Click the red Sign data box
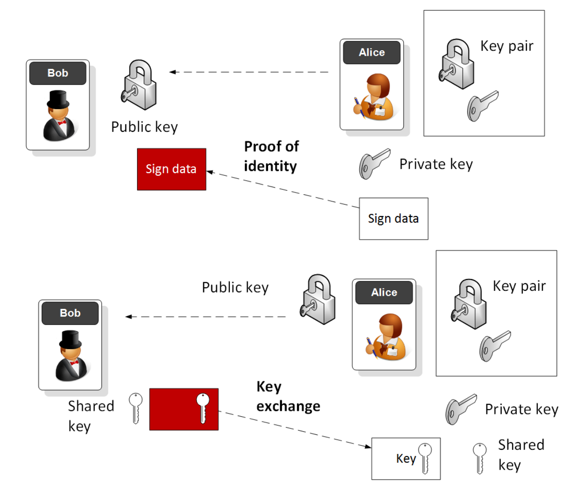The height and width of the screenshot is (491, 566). [x=171, y=169]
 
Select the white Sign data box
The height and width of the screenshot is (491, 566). [x=393, y=218]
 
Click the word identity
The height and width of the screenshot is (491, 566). [x=270, y=166]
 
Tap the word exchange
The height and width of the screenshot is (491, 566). [x=288, y=406]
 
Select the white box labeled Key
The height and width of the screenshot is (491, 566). [x=405, y=458]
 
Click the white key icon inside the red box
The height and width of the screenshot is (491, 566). [x=203, y=407]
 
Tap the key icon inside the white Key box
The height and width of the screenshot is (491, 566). [x=425, y=458]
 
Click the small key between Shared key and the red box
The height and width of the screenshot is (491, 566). [x=135, y=408]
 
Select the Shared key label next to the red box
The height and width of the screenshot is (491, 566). [x=90, y=416]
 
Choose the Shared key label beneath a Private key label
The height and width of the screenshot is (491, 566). [x=521, y=455]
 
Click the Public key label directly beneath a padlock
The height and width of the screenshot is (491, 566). [x=144, y=127]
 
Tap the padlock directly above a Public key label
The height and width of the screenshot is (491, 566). [x=139, y=85]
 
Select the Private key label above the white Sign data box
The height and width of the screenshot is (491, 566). [x=436, y=164]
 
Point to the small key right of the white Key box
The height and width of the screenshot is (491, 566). [x=479, y=457]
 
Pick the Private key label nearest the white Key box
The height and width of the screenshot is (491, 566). [x=521, y=409]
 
